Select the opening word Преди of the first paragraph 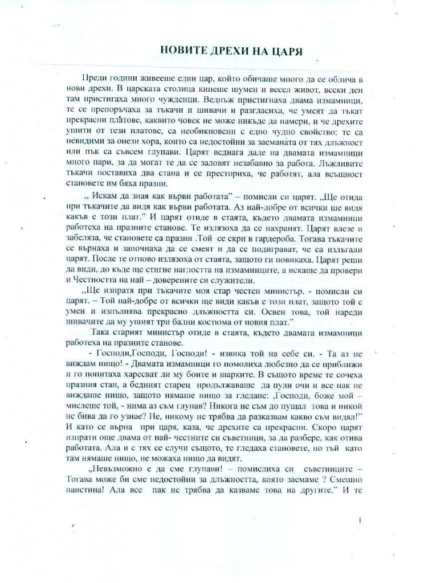click(94, 77)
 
